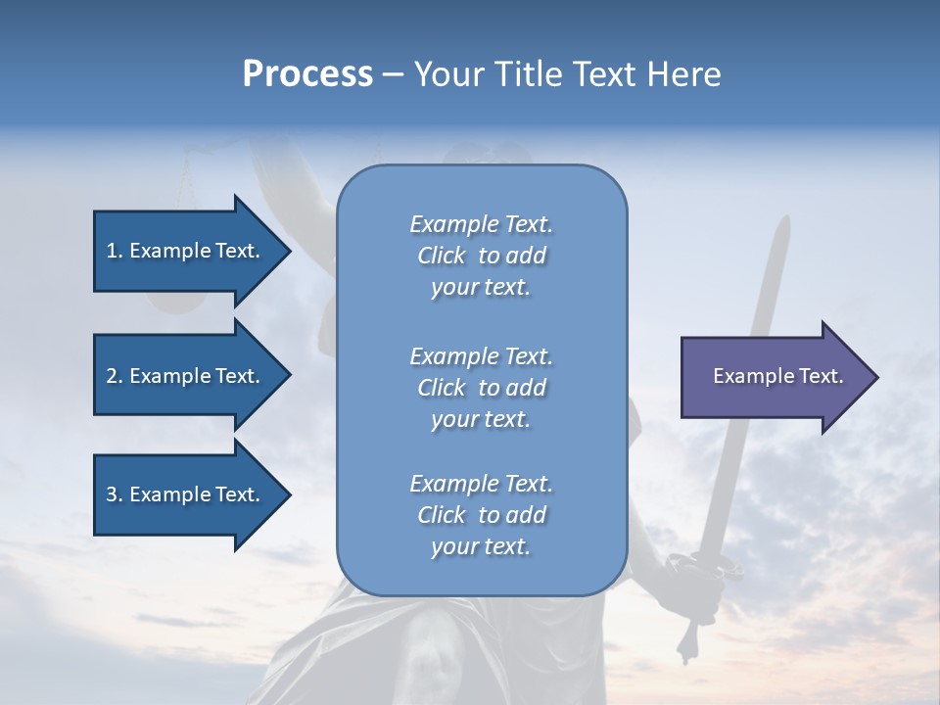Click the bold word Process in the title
point(307,74)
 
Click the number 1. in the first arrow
point(114,251)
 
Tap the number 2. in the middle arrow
point(114,376)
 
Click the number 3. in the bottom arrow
point(114,494)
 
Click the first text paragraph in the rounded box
point(481,256)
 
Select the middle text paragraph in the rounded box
point(481,388)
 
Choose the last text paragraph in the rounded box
point(481,515)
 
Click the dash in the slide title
point(393,74)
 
